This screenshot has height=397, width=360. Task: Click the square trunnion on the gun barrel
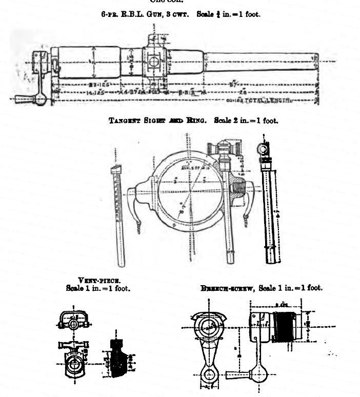(x=152, y=62)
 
